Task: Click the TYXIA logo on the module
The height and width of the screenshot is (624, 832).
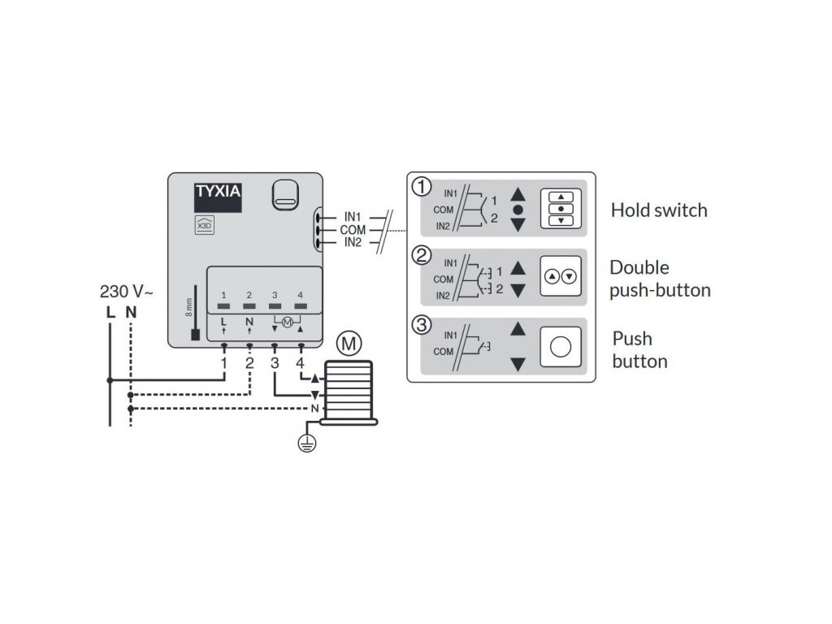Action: (217, 194)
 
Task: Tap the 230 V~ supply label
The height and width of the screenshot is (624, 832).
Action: (125, 291)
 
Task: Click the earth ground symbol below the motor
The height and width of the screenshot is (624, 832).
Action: (306, 444)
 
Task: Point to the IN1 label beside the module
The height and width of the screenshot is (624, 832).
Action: (353, 217)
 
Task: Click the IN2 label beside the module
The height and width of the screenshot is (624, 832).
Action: (353, 242)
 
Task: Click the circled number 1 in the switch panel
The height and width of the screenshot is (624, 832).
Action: (421, 188)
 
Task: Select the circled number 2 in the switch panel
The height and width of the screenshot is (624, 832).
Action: (421, 256)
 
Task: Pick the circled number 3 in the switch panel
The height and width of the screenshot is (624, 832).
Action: (421, 326)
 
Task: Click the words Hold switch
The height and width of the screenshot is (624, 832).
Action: (659, 210)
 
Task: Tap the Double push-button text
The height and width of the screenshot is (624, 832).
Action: (660, 279)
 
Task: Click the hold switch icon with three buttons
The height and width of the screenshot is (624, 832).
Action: (561, 209)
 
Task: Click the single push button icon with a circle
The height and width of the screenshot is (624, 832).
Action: (561, 346)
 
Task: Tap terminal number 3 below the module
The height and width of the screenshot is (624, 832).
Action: (275, 362)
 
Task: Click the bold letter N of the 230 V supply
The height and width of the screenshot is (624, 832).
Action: (130, 311)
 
